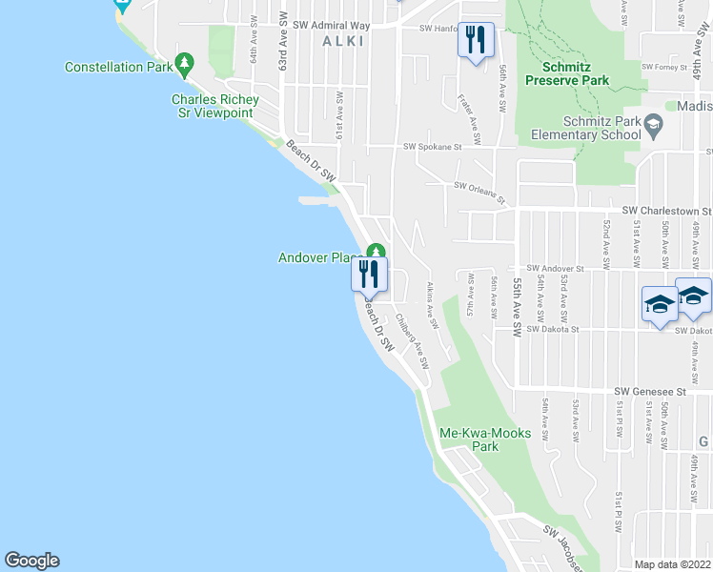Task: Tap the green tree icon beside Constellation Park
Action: [184, 66]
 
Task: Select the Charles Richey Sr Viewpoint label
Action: [212, 106]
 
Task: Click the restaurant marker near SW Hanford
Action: [476, 40]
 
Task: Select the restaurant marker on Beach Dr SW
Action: [369, 275]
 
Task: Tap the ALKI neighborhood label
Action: [344, 40]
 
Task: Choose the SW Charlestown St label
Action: [666, 210]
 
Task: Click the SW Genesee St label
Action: [650, 391]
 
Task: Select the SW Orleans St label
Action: [482, 194]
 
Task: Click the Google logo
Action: [31, 561]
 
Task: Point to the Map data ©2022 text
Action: [672, 564]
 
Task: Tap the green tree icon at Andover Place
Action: [376, 253]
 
